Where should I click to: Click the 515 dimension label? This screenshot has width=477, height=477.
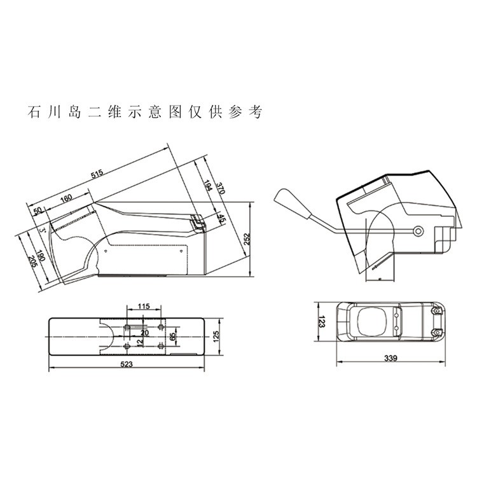click(x=97, y=174)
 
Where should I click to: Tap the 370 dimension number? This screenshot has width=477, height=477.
click(x=220, y=188)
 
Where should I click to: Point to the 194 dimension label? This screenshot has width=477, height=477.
click(x=207, y=186)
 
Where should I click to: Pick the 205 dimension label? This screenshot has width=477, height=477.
click(x=32, y=261)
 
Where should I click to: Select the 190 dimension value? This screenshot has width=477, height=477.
click(x=42, y=258)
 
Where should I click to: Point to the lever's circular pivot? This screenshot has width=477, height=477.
click(x=418, y=230)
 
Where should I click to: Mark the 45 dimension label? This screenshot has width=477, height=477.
click(x=221, y=219)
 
